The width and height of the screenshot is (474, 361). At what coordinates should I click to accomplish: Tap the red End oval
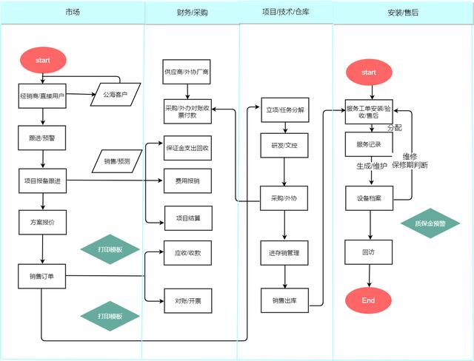[368, 300]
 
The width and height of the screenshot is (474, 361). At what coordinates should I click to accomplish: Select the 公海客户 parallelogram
[115, 95]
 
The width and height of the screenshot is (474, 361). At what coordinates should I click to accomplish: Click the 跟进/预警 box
[41, 137]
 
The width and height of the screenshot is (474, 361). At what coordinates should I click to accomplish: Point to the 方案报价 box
[41, 222]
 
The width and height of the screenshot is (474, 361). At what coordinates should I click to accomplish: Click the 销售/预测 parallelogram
[117, 161]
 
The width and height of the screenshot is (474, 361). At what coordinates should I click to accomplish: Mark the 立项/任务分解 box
[284, 109]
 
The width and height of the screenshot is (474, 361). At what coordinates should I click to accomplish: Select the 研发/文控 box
[284, 146]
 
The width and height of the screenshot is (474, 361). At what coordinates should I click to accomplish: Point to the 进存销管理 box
[284, 254]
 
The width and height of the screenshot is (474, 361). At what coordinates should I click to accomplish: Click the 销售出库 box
[284, 300]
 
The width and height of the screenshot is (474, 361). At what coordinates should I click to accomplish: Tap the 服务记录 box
[368, 144]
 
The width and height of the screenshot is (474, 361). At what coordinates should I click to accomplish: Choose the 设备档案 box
[368, 198]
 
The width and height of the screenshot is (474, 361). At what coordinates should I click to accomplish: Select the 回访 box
[368, 252]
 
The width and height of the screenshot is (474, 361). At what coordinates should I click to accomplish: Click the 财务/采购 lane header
[192, 13]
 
